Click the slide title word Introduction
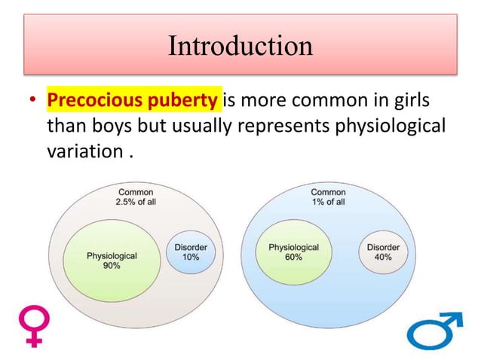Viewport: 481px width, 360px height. click(x=240, y=46)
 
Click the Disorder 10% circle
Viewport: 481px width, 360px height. click(x=191, y=252)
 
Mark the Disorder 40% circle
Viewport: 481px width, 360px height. click(x=383, y=252)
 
